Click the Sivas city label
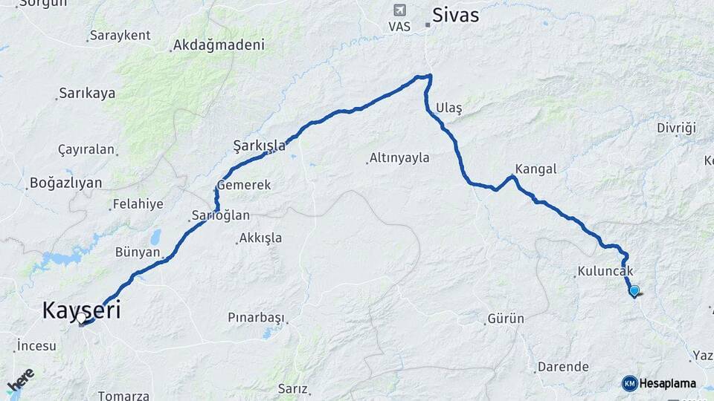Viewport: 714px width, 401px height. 456,15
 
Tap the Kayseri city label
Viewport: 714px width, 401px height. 81,310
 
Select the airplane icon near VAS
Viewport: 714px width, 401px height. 400,10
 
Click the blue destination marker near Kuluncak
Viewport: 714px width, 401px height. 634,291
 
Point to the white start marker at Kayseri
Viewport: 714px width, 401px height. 81,319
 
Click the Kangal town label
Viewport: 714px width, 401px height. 535,169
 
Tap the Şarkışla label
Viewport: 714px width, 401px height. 259,146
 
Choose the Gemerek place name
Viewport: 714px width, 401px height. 244,185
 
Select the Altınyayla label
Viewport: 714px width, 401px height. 399,157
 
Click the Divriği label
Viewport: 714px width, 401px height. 676,128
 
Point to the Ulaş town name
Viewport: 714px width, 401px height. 450,108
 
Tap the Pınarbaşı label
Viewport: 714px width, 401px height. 256,318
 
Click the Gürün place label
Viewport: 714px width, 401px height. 506,319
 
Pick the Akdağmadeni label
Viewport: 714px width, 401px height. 219,45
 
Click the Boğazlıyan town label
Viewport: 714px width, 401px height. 63,183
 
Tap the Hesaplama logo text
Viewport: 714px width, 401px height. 667,384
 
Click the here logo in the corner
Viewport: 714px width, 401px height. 20,380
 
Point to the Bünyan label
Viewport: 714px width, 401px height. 138,252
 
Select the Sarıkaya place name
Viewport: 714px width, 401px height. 87,94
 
